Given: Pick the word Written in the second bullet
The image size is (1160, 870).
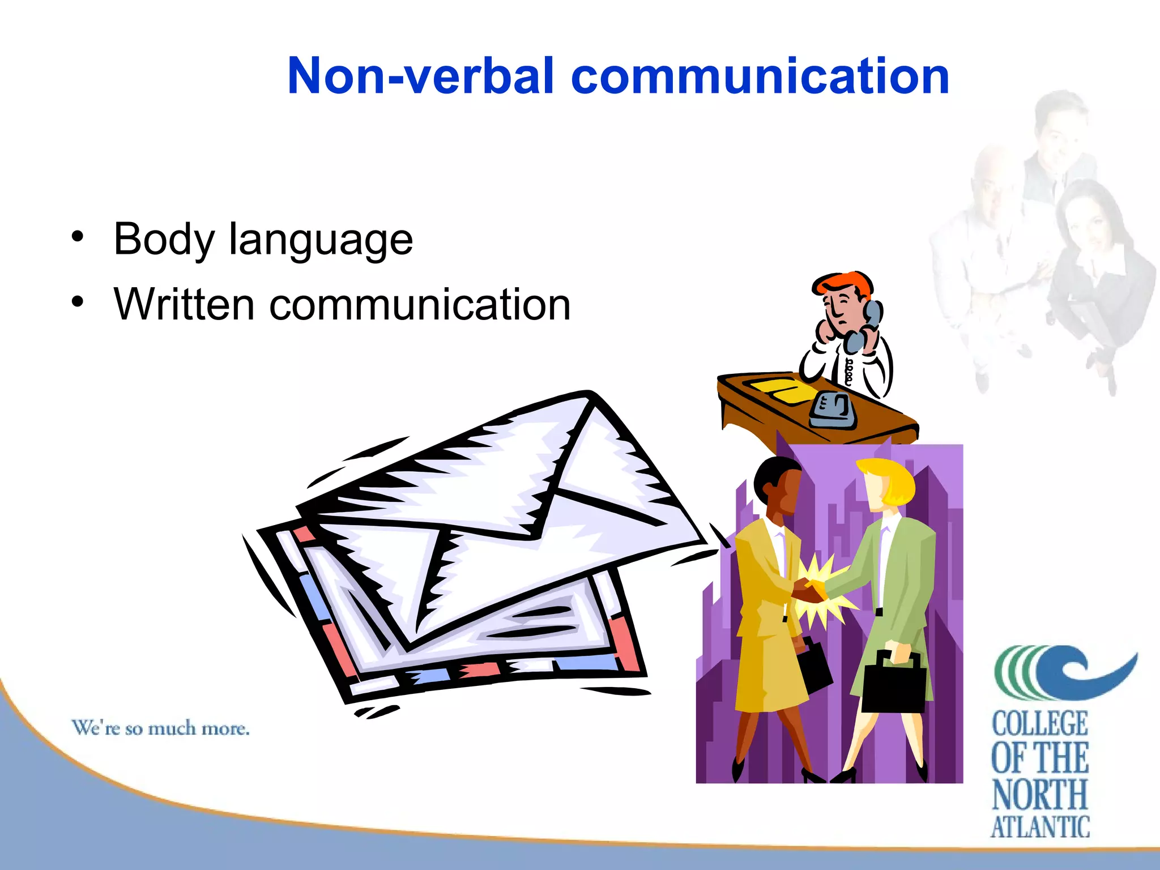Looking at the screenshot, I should pyautogui.click(x=184, y=305).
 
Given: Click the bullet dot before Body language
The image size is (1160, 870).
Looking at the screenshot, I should pyautogui.click(x=78, y=236).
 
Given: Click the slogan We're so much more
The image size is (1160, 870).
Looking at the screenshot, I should pyautogui.click(x=160, y=728).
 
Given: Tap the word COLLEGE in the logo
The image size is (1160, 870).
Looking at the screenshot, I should pyautogui.click(x=1040, y=723).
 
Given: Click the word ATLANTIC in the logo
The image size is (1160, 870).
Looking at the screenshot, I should pyautogui.click(x=1040, y=827).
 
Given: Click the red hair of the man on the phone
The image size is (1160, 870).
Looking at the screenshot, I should pyautogui.click(x=844, y=283).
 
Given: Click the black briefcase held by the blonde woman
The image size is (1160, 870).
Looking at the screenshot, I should pyautogui.click(x=894, y=686).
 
